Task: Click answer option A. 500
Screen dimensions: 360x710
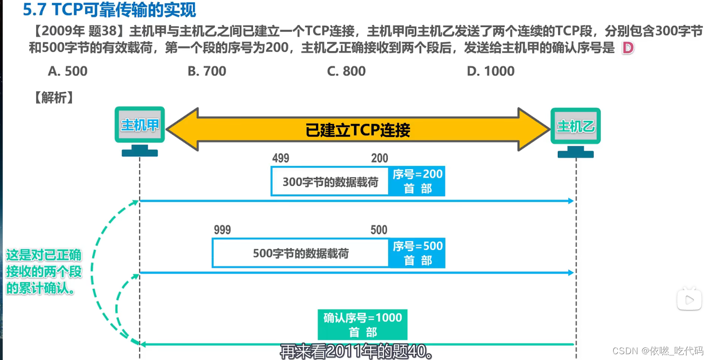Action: pyautogui.click(x=68, y=71)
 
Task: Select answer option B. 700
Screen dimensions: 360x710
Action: pyautogui.click(x=207, y=71)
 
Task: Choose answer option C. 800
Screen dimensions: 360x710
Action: pyautogui.click(x=346, y=71)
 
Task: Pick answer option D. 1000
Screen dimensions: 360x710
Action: pyautogui.click(x=491, y=71)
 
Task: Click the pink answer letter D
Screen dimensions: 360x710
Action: pyautogui.click(x=628, y=48)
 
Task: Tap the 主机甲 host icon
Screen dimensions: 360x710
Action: pyautogui.click(x=140, y=130)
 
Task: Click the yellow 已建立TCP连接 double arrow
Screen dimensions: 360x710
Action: pyautogui.click(x=358, y=130)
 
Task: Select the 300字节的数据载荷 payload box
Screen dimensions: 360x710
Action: pyautogui.click(x=330, y=182)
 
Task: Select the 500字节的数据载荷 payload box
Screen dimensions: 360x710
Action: pyautogui.click(x=300, y=253)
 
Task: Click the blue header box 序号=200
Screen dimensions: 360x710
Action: pyautogui.click(x=417, y=181)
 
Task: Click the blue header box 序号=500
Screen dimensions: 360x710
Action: pyautogui.click(x=417, y=253)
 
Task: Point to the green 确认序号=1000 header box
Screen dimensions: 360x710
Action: pyautogui.click(x=363, y=325)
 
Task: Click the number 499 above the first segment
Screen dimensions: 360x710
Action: pyautogui.click(x=281, y=158)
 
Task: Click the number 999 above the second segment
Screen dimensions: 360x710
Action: pyautogui.click(x=222, y=230)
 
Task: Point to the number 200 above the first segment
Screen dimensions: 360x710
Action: pyautogui.click(x=380, y=158)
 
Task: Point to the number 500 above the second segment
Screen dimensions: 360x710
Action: pyautogui.click(x=379, y=230)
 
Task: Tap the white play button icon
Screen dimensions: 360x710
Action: pyautogui.click(x=689, y=300)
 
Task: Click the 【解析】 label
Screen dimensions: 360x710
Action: pyautogui.click(x=54, y=98)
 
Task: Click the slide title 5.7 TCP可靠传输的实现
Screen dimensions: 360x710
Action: pyautogui.click(x=109, y=9)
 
